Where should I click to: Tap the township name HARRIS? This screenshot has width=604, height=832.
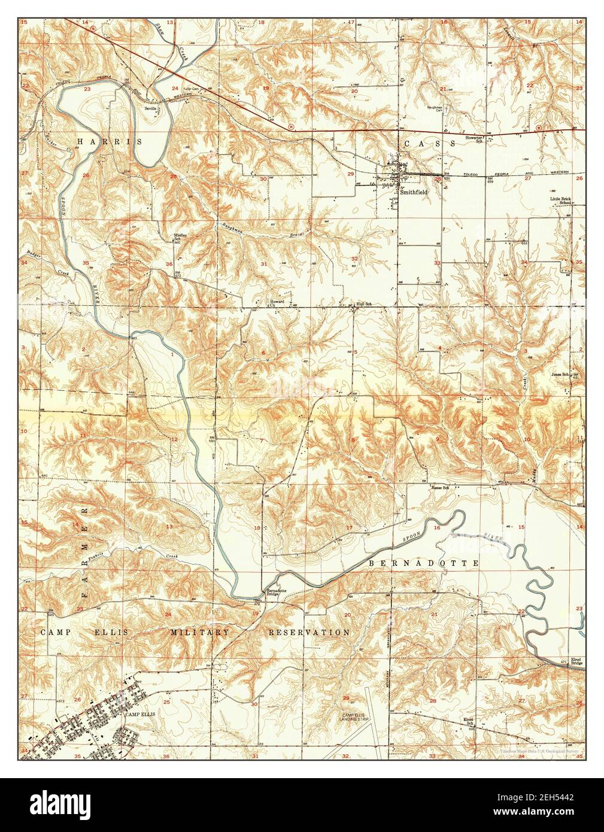click(x=110, y=141)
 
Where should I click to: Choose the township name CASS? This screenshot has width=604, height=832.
click(x=424, y=144)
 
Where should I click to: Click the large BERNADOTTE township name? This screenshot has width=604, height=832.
click(x=423, y=563)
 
